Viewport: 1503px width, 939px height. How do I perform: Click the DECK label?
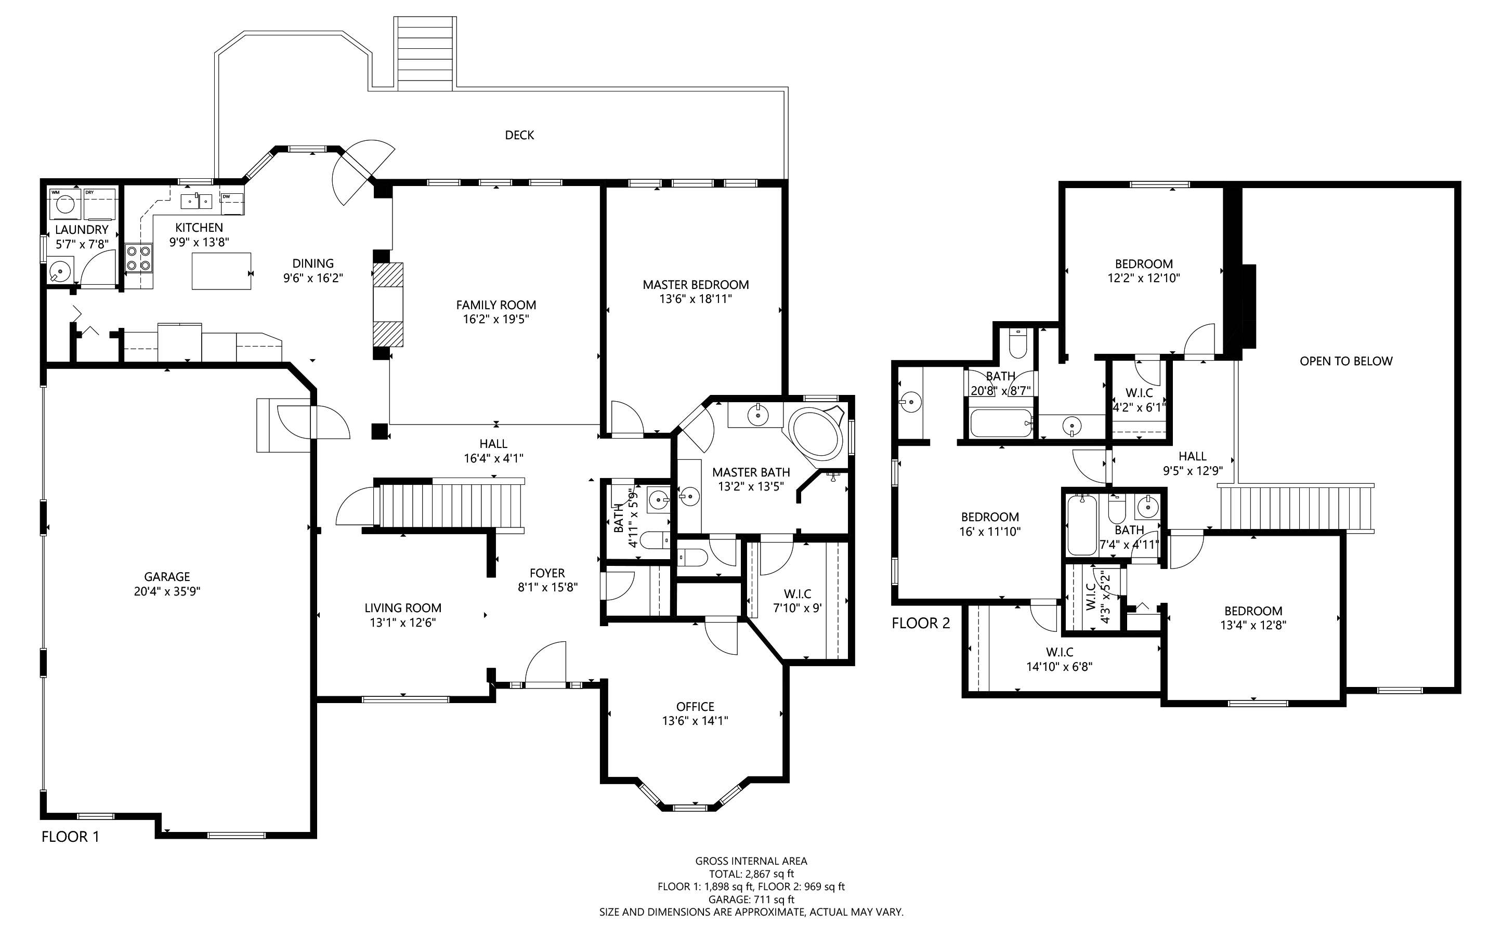[519, 135]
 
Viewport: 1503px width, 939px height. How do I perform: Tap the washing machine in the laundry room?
[64, 204]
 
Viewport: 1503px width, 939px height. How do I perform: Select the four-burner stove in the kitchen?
[139, 258]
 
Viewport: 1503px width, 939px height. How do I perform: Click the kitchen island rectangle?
[221, 271]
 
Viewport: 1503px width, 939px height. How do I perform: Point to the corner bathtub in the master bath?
[816, 433]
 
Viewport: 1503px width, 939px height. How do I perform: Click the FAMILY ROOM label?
[496, 305]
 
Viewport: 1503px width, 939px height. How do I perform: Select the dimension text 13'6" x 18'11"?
[696, 299]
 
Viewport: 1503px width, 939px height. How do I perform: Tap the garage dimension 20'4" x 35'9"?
[167, 591]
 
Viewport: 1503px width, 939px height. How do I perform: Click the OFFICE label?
[695, 706]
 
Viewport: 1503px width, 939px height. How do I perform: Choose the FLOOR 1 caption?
[70, 837]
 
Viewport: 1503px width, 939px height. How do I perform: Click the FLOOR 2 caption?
[921, 623]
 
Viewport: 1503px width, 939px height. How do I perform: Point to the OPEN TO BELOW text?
[1347, 361]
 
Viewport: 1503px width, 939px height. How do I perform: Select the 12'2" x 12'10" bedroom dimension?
[1144, 278]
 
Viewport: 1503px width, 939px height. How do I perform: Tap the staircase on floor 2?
[1296, 507]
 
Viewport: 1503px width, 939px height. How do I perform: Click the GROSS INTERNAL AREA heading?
[751, 861]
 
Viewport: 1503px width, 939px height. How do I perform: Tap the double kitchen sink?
[197, 202]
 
